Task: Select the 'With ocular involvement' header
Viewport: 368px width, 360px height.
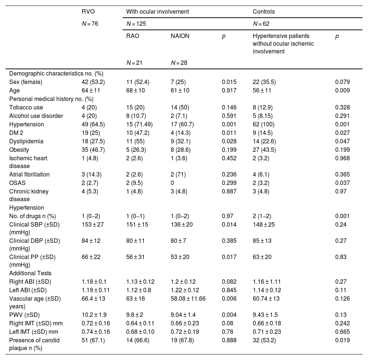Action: click(158, 11)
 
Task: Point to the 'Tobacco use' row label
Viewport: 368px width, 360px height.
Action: click(26, 108)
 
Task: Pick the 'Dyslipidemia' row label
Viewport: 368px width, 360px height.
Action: click(25, 141)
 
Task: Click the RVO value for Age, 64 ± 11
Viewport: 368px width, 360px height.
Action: click(91, 90)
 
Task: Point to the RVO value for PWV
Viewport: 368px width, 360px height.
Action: click(93, 315)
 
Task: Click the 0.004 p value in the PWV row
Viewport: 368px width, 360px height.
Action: click(229, 315)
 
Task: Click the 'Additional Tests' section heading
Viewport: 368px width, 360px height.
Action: click(31, 273)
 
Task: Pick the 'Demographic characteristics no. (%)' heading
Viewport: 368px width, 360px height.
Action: click(51, 73)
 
